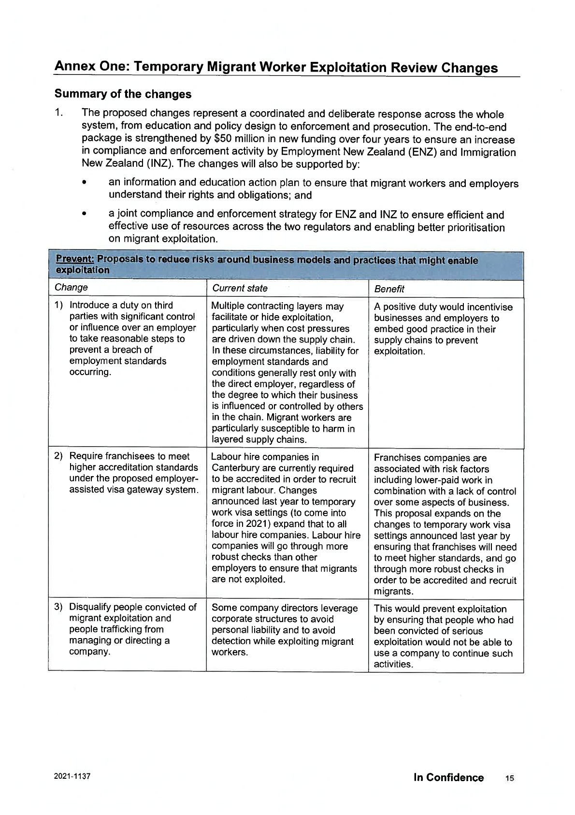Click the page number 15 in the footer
tap(509, 778)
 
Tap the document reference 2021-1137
tap(72, 776)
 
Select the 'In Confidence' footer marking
tap(448, 777)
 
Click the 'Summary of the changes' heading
tap(123, 94)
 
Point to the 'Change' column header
tap(71, 288)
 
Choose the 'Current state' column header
tap(239, 289)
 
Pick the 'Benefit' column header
tap(389, 289)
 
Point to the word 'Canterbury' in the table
tap(235, 468)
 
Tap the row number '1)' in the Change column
tap(59, 306)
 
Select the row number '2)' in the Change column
tap(58, 456)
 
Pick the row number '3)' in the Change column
tap(58, 607)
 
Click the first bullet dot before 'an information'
tap(85, 183)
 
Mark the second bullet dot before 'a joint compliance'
tap(85, 214)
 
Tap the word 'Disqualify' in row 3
tap(92, 607)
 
